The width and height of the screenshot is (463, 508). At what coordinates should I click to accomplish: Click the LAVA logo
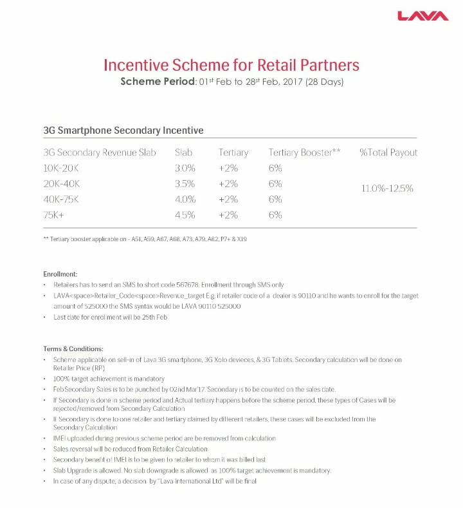click(x=422, y=15)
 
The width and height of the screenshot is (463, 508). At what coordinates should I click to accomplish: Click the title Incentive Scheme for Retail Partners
click(x=232, y=66)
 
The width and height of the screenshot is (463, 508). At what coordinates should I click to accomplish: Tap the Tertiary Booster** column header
click(x=304, y=152)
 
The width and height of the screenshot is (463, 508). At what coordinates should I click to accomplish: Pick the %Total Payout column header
click(x=388, y=152)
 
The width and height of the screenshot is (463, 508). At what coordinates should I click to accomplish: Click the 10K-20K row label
click(x=62, y=168)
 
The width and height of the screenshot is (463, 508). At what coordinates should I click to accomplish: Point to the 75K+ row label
click(x=55, y=215)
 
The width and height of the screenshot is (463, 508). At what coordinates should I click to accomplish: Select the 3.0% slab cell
click(x=185, y=168)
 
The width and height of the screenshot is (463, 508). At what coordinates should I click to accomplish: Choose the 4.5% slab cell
click(x=185, y=215)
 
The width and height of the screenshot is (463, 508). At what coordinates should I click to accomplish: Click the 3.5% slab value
click(x=185, y=184)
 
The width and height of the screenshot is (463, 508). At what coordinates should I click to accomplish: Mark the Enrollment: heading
click(x=60, y=275)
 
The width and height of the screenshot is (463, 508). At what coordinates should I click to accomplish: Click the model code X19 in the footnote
click(x=241, y=239)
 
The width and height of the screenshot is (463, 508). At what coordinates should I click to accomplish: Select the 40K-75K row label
click(x=62, y=199)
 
